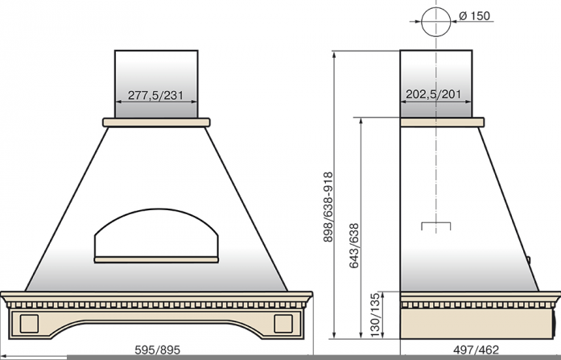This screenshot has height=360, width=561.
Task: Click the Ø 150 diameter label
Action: coord(474,16)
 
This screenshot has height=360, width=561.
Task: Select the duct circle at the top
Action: coord(435,8)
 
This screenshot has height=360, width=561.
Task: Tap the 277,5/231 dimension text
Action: coord(155,95)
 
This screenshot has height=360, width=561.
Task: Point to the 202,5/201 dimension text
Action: coord(433,94)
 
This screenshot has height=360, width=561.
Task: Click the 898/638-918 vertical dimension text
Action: coord(328,207)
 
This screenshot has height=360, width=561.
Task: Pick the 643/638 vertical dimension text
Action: coord(354,246)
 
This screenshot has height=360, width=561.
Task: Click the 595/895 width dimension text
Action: coord(158,350)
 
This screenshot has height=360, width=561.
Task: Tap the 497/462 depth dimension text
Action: coord(476,350)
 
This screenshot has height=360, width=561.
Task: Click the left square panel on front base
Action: coord(29,324)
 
